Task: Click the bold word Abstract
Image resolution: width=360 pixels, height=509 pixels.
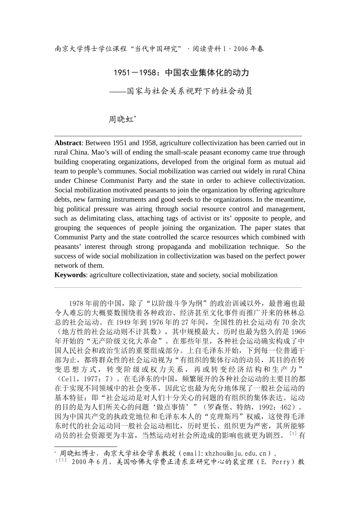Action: [x=67, y=143]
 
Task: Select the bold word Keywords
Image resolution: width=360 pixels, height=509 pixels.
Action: [x=70, y=275]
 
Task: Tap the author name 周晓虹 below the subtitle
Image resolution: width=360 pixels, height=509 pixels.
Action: [x=121, y=120]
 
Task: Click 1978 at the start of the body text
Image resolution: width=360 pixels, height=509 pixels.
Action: [x=77, y=303]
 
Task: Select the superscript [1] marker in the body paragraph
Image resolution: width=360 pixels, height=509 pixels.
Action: [x=293, y=434]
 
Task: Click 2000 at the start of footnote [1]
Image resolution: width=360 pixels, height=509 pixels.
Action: [x=80, y=462]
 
